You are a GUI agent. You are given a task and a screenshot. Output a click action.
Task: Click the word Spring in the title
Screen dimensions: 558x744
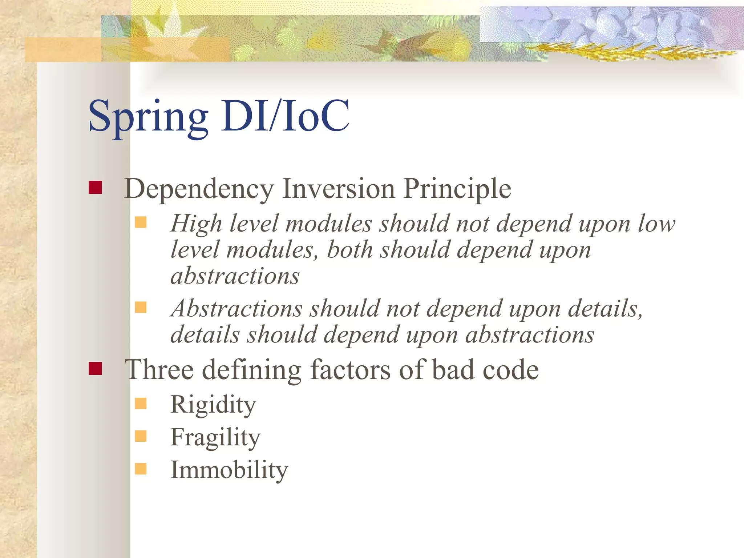click(148, 117)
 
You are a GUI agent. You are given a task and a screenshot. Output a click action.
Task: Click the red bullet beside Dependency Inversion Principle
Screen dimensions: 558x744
click(95, 188)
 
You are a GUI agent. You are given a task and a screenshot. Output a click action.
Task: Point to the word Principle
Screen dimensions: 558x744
click(457, 189)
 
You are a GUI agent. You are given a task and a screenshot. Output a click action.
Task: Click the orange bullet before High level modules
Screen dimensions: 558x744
click(141, 222)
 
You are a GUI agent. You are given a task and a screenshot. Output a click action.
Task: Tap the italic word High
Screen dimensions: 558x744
click(196, 223)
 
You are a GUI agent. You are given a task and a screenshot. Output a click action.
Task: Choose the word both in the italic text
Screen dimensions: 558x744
click(349, 250)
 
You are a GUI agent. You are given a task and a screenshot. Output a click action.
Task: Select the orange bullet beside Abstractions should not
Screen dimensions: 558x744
click(141, 308)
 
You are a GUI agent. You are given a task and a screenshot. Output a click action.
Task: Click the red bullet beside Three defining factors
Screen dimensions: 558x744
click(95, 368)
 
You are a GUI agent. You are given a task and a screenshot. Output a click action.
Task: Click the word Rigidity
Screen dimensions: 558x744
click(213, 405)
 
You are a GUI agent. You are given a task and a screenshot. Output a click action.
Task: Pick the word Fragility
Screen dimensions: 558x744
click(215, 437)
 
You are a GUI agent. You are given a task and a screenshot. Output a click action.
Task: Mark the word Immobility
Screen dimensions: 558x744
click(229, 470)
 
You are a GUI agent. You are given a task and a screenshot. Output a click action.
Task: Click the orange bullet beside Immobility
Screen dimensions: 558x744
click(141, 469)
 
